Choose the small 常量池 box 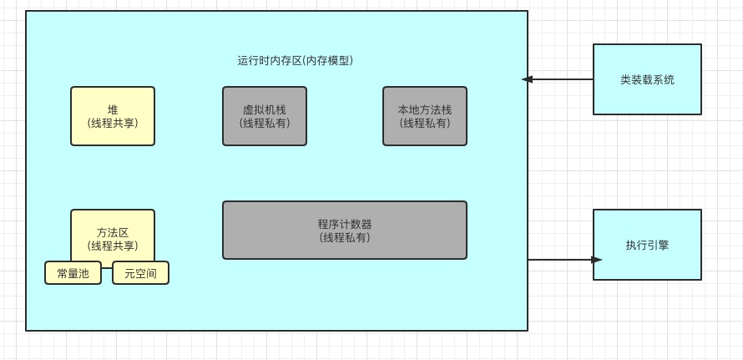[73, 273]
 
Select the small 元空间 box [140, 273]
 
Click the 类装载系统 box [647, 79]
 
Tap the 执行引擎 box [647, 245]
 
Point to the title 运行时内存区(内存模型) [296, 60]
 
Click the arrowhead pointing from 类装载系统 [527, 79]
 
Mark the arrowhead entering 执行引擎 [596, 260]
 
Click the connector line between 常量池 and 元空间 [107, 269]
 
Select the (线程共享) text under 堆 [113, 123]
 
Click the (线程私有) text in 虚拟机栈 [264, 123]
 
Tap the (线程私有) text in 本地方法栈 [424, 123]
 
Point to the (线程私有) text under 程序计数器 [344, 237]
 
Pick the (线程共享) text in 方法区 [113, 246]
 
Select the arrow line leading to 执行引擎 [559, 260]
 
